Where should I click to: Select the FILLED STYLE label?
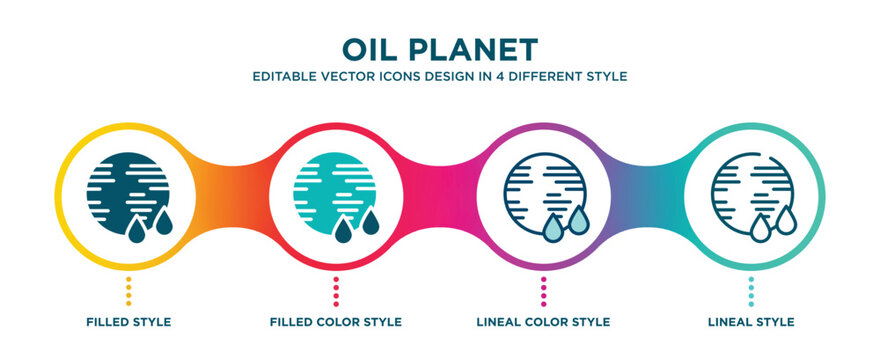(x=127, y=322)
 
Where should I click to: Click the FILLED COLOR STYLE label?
(x=336, y=322)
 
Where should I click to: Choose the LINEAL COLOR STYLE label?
(x=544, y=322)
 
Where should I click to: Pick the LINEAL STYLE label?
(x=752, y=322)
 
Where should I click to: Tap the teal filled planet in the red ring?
(x=335, y=191)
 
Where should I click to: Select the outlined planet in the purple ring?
(x=543, y=191)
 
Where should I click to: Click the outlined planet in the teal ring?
(x=751, y=191)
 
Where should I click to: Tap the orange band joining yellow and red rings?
(x=231, y=191)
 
